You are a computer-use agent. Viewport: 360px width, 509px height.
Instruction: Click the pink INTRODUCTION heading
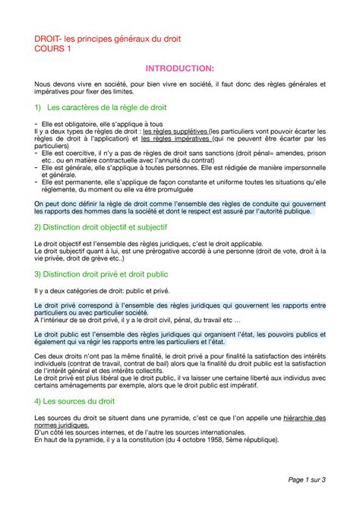(x=180, y=71)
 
